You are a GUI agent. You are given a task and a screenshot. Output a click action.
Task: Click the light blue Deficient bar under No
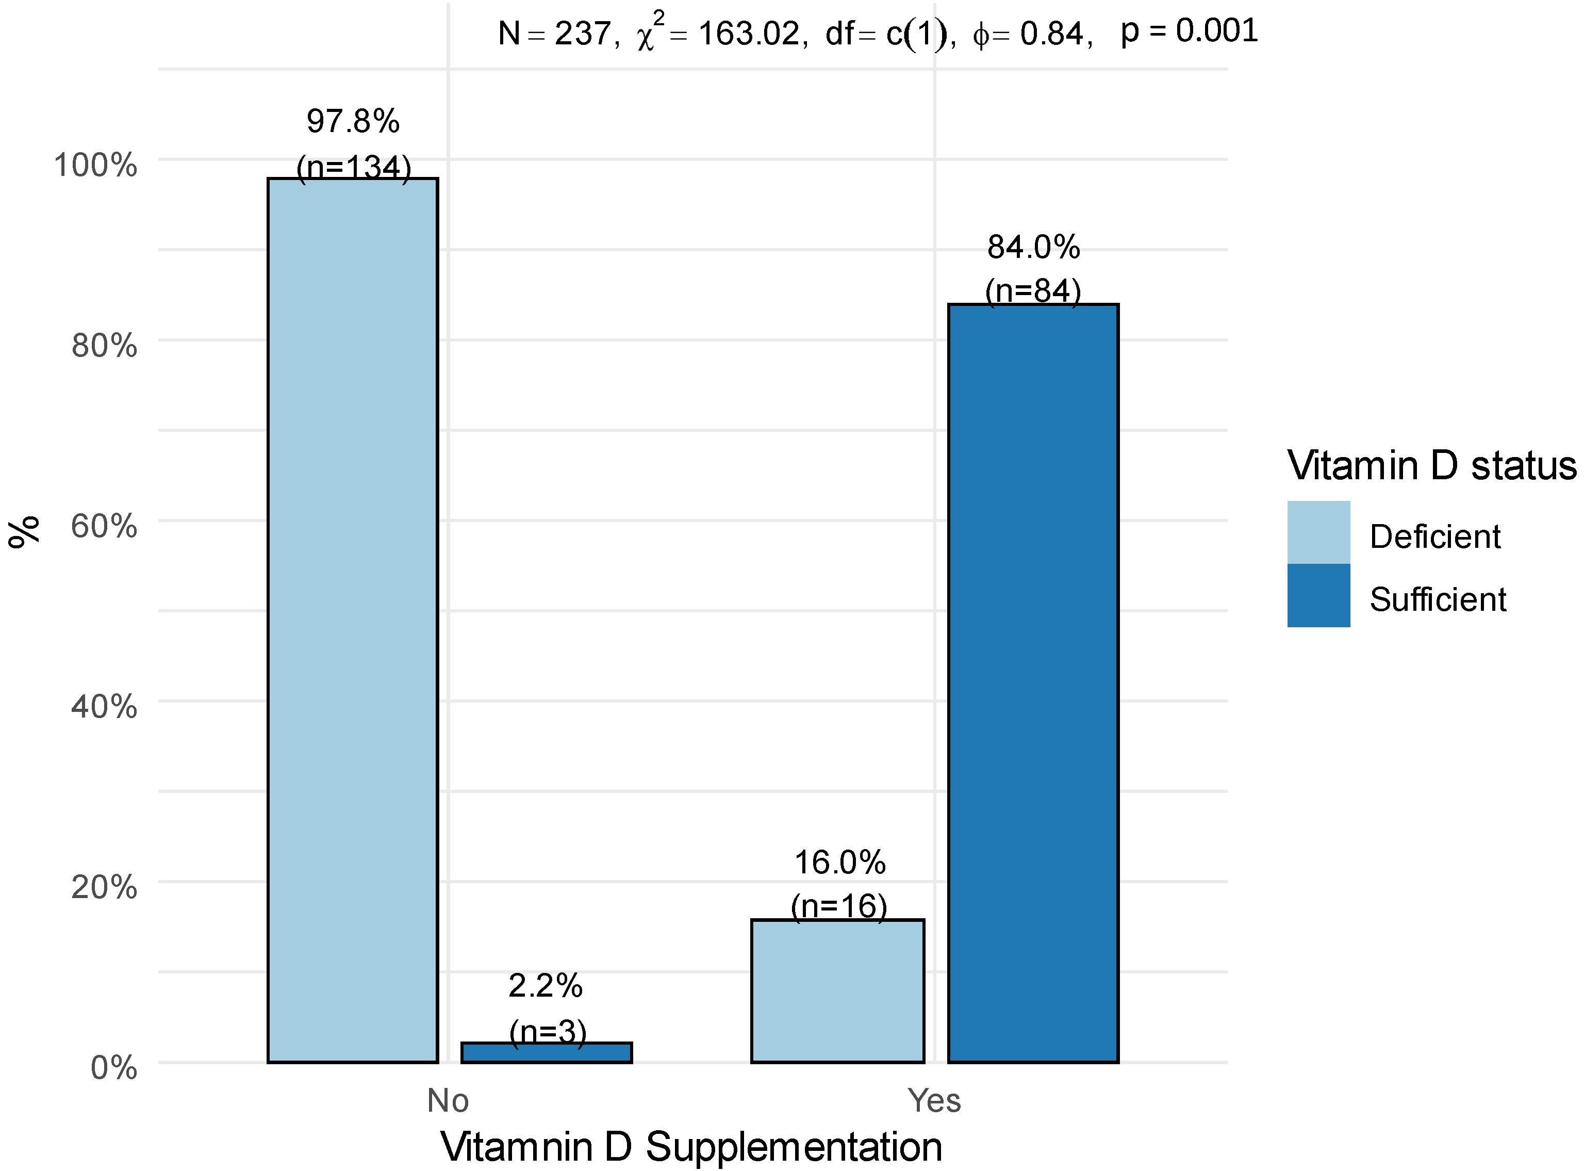pyautogui.click(x=352, y=620)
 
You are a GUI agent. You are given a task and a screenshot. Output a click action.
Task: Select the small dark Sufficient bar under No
pyautogui.click(x=546, y=1053)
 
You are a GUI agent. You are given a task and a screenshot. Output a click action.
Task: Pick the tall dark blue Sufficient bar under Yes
pyautogui.click(x=1033, y=684)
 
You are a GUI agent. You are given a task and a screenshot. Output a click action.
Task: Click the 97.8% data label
pyautogui.click(x=353, y=121)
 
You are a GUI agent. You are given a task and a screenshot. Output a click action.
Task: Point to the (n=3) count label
pyautogui.click(x=548, y=1031)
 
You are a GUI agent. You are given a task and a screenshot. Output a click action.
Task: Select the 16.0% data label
pyautogui.click(x=839, y=863)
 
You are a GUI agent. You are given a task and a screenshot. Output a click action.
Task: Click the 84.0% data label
pyautogui.click(x=1033, y=248)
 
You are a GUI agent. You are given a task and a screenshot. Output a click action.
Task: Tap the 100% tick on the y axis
pyautogui.click(x=95, y=165)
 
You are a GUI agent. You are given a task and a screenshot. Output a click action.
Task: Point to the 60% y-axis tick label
pyautogui.click(x=104, y=526)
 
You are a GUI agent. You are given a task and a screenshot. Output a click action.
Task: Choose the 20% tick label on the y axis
pyautogui.click(x=104, y=887)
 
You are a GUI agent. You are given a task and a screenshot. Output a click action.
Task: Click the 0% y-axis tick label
pyautogui.click(x=113, y=1067)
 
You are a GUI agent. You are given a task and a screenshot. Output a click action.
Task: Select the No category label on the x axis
pyautogui.click(x=448, y=1101)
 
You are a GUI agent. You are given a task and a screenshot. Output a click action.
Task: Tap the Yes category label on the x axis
pyautogui.click(x=934, y=1101)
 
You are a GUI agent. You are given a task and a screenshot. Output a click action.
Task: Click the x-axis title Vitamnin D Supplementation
pyautogui.click(x=691, y=1146)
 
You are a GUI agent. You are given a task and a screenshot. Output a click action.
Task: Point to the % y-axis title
pyautogui.click(x=23, y=532)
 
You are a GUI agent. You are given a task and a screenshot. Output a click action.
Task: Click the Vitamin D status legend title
pyautogui.click(x=1431, y=466)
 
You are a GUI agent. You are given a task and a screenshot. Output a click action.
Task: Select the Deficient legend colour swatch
pyautogui.click(x=1317, y=532)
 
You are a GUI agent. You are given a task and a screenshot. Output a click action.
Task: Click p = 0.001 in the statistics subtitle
pyautogui.click(x=1189, y=30)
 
